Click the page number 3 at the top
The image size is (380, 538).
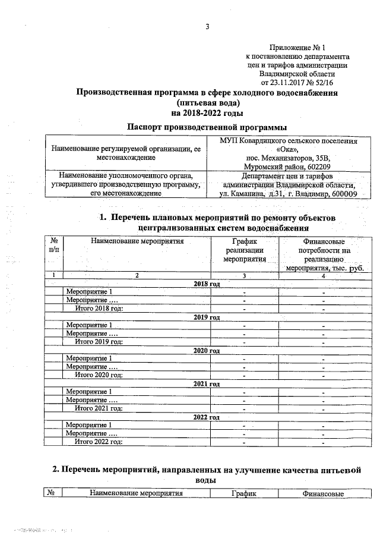207,27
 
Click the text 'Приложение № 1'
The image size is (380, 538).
297,46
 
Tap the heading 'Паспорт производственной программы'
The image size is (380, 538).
207,127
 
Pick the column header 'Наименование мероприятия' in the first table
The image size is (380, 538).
137,241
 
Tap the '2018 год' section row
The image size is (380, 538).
207,284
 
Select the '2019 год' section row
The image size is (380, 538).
207,317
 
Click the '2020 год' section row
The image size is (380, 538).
207,351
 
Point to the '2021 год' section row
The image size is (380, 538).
207,384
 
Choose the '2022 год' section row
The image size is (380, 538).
207,417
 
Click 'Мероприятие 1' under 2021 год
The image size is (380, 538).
89,392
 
